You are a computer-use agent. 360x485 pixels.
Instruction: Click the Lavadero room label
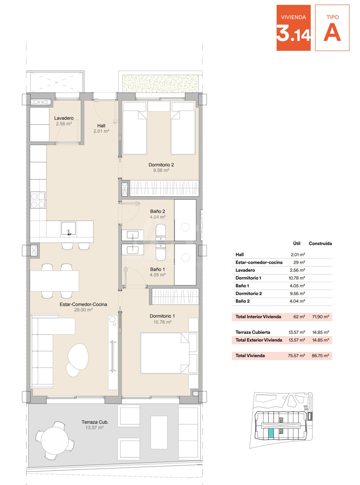tap(64, 118)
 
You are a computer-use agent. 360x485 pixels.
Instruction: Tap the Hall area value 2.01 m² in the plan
tap(101, 131)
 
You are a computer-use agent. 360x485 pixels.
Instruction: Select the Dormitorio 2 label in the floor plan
tap(161, 165)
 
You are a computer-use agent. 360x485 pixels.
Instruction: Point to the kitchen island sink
tap(68, 228)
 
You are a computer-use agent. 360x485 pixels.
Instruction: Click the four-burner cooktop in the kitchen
tap(38, 200)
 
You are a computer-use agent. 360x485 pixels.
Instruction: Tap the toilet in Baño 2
tap(161, 232)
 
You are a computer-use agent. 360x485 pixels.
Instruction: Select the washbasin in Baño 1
tap(132, 250)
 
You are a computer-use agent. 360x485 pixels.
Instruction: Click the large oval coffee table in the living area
tap(78, 357)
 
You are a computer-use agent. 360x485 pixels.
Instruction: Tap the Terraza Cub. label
tap(95, 422)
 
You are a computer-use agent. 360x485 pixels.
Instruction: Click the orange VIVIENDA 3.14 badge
tap(294, 28)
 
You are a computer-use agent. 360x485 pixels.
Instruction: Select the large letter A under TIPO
tap(332, 34)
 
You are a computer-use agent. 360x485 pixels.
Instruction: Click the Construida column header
tap(320, 244)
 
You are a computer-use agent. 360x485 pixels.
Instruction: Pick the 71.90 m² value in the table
tap(321, 317)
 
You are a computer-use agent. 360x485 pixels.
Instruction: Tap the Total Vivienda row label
tap(250, 356)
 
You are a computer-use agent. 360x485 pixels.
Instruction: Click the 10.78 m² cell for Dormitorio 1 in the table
tap(297, 278)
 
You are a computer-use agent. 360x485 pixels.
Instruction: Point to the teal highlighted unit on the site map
tap(271, 433)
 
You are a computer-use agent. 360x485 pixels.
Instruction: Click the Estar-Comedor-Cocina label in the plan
tap(83, 304)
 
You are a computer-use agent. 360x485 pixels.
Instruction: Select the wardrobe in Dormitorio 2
tap(164, 188)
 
